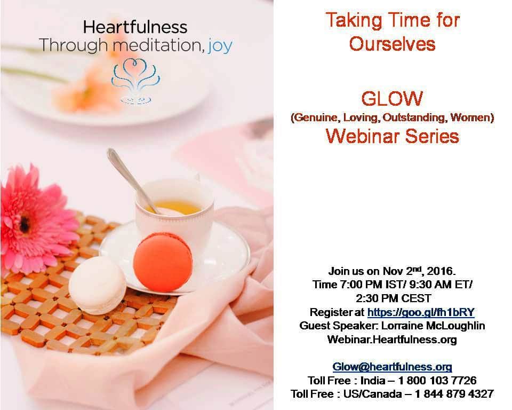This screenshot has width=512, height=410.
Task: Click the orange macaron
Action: [x=163, y=262]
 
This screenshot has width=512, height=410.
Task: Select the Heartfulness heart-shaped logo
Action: [x=135, y=81]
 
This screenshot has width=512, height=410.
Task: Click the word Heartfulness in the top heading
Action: [x=135, y=27]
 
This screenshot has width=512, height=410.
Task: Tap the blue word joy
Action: [x=220, y=46]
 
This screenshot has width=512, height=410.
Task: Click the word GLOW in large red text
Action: [x=392, y=99]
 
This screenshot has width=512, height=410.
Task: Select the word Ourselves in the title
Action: [x=392, y=44]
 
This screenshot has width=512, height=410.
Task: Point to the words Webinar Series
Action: [x=392, y=136]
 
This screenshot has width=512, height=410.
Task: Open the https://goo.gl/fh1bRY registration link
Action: [x=421, y=312]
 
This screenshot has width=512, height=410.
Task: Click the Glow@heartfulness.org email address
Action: [x=392, y=367]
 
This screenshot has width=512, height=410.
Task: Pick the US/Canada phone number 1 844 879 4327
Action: [x=453, y=394]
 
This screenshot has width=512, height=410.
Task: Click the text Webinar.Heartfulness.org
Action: [x=392, y=340]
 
